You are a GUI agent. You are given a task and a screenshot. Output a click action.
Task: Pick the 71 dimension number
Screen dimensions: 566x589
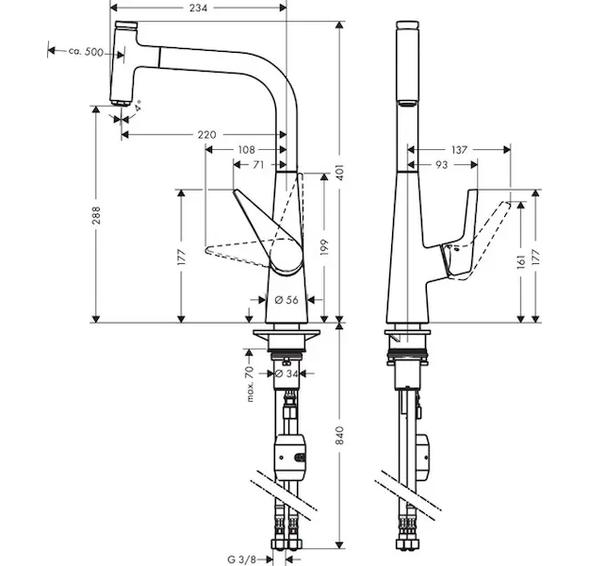pos(257,165)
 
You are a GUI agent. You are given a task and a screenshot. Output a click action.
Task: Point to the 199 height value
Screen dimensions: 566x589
pos(322,247)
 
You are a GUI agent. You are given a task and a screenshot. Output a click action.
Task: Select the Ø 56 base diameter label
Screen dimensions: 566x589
pos(285,299)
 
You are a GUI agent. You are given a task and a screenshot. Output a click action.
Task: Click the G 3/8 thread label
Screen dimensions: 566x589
pos(244,558)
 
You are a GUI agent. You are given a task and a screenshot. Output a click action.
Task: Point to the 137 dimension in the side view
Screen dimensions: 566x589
pos(459,150)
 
